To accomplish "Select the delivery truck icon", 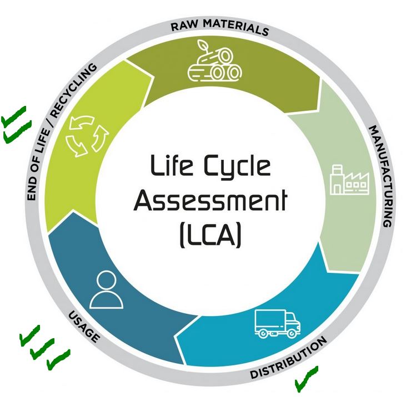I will point(275,322).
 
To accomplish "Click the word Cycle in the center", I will point(240,166).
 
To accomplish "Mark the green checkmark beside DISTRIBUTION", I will point(305,376).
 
